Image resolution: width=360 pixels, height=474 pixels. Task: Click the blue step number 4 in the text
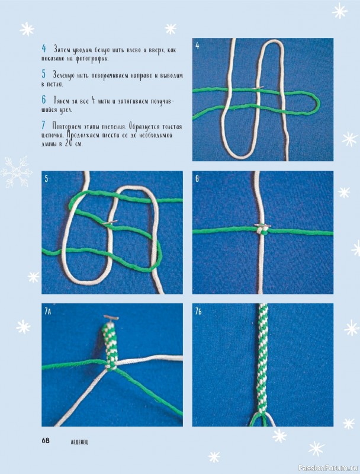[x=44, y=48]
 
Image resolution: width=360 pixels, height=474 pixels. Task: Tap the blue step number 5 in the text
[x=44, y=73]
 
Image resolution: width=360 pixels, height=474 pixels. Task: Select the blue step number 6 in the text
[x=44, y=100]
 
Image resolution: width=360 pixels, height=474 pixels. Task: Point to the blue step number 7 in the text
[x=43, y=125]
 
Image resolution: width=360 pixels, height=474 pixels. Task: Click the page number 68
[x=46, y=440]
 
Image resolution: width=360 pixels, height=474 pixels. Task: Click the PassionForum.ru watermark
[x=327, y=469]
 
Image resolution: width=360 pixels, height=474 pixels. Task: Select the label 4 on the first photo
[x=197, y=46]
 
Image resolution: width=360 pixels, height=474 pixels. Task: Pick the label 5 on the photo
[x=46, y=179]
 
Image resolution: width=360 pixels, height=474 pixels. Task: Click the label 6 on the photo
[x=197, y=179]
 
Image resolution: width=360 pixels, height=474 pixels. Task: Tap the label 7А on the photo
[x=48, y=312]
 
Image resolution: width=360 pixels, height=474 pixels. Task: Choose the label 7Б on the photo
[x=198, y=312]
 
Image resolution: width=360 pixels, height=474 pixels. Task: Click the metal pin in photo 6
[x=262, y=225]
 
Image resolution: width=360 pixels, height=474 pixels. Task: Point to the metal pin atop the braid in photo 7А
[x=111, y=318]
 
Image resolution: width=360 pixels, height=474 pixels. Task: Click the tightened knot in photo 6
[x=262, y=231]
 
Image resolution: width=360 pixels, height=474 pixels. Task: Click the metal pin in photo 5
[x=110, y=222]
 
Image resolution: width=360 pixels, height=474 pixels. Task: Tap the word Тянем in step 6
[x=62, y=100]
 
